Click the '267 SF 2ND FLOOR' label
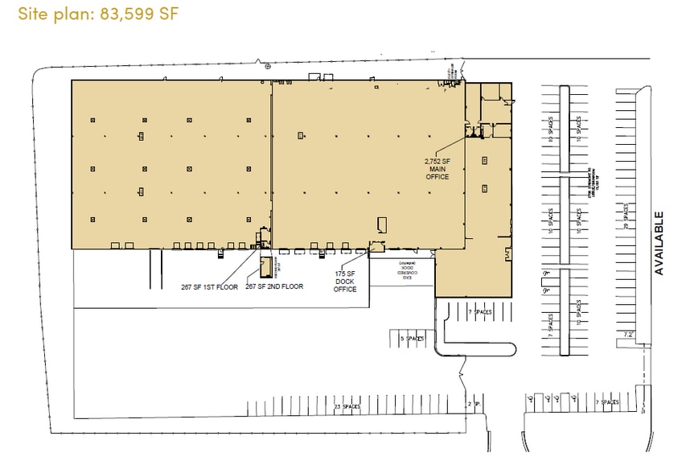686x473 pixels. click(x=274, y=286)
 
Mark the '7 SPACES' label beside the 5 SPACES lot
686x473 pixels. click(x=480, y=311)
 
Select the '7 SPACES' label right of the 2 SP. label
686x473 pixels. click(x=608, y=401)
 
